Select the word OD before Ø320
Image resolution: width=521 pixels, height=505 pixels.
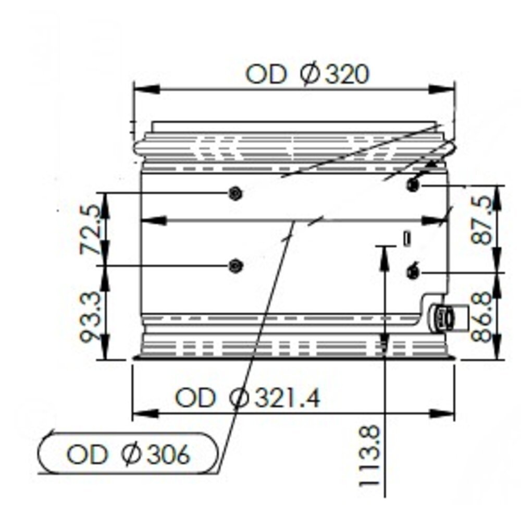click(266, 75)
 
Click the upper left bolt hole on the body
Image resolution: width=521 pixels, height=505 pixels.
click(235, 193)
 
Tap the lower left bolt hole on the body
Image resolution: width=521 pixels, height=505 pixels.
click(235, 266)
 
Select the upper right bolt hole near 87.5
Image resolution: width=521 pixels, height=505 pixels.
click(413, 184)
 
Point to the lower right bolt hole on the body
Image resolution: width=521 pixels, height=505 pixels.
click(413, 272)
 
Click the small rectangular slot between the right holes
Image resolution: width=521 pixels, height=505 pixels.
click(407, 238)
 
